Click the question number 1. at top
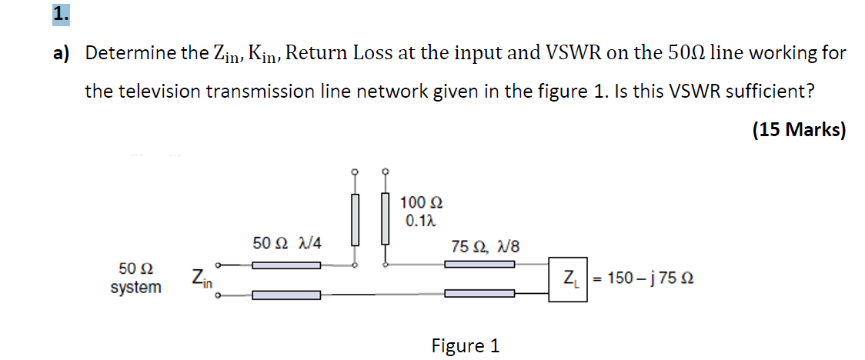pos(61,14)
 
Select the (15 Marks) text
pos(798,130)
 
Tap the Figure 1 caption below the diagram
pos(465,346)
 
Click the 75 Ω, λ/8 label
pos(485,247)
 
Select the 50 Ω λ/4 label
pos(287,243)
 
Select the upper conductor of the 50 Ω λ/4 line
pos(286,265)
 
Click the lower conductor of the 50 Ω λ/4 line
pos(286,294)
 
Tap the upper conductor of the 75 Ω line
pos(479,265)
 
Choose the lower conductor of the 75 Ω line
pos(479,294)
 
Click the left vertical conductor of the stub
pos(355,218)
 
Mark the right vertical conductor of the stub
pos(385,218)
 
